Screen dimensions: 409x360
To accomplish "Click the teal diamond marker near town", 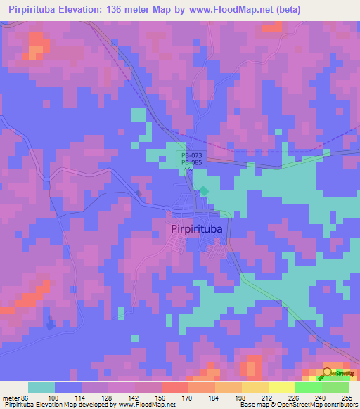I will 204,190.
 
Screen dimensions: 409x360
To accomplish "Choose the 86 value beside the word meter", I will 25,397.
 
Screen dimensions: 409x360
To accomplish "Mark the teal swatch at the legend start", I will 41,387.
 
